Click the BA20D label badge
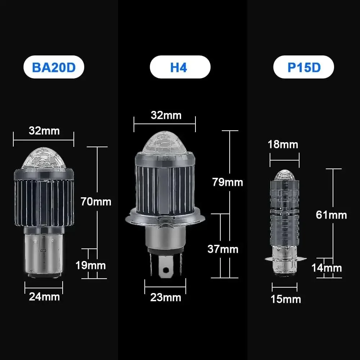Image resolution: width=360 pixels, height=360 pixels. tap(54, 67)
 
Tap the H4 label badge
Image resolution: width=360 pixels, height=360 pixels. tap(180, 67)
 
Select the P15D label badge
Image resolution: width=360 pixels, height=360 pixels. tap(304, 67)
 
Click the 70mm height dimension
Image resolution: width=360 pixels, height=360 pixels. tap(96, 202)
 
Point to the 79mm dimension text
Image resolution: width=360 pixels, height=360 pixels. tap(228, 182)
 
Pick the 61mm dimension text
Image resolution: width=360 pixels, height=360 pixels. tap(331, 215)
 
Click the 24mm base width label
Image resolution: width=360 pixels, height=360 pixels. tap(44, 297)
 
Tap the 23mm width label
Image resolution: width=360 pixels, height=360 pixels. tap(166, 298)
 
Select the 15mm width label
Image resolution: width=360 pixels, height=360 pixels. tap(286, 299)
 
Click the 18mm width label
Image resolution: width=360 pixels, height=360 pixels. tap(283, 144)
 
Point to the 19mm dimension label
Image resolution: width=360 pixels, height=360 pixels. tap(90, 266)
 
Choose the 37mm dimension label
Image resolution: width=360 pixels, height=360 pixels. tap(223, 249)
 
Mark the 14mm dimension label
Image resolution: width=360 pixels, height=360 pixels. tap(327, 268)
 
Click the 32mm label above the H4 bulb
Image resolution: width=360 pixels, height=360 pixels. tap(166, 115)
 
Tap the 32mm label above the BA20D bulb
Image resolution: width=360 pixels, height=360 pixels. tap(44, 130)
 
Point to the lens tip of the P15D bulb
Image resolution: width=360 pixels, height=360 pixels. tap(284, 175)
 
